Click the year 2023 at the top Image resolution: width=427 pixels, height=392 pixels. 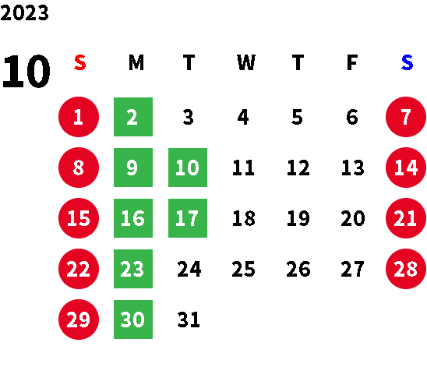[x=24, y=12]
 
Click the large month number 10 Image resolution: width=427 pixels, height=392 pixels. [x=26, y=71]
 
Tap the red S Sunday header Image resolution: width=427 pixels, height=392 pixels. [x=80, y=62]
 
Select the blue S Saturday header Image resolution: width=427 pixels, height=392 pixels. [x=407, y=62]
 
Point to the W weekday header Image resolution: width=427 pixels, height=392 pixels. [x=246, y=62]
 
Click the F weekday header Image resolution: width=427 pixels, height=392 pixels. [x=352, y=62]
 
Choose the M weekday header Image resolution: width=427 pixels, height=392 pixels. [x=136, y=62]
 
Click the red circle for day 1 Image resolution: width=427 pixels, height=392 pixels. [x=79, y=117]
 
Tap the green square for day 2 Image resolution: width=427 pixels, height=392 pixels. [x=133, y=117]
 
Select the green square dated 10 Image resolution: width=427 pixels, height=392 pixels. [x=188, y=168]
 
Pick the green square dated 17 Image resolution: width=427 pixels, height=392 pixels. [x=188, y=218]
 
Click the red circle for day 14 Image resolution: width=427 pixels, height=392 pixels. [x=406, y=168]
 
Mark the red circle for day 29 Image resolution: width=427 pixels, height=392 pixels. [x=79, y=320]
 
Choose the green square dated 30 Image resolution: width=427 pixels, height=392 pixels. [x=133, y=320]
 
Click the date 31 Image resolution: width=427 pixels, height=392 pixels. [x=189, y=320]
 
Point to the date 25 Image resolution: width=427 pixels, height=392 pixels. [x=243, y=269]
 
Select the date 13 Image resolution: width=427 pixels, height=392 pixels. [x=353, y=168]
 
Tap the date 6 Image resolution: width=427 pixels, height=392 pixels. [x=352, y=117]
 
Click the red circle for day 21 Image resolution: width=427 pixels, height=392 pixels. [x=406, y=218]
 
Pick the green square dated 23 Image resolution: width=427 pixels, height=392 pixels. [x=133, y=269]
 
